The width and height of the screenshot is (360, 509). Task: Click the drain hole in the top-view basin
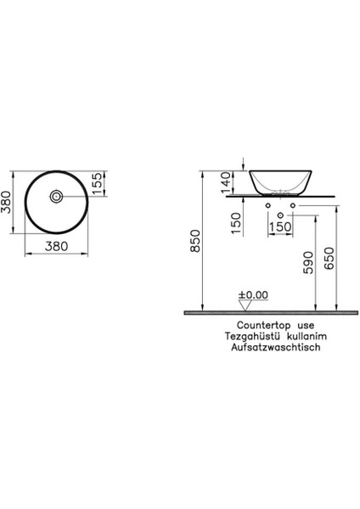click(56, 196)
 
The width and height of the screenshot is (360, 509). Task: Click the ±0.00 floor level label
click(252, 295)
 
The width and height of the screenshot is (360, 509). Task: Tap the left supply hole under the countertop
click(268, 206)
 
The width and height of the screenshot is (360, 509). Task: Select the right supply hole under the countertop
click(292, 206)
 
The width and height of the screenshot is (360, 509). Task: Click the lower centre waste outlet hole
click(280, 215)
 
